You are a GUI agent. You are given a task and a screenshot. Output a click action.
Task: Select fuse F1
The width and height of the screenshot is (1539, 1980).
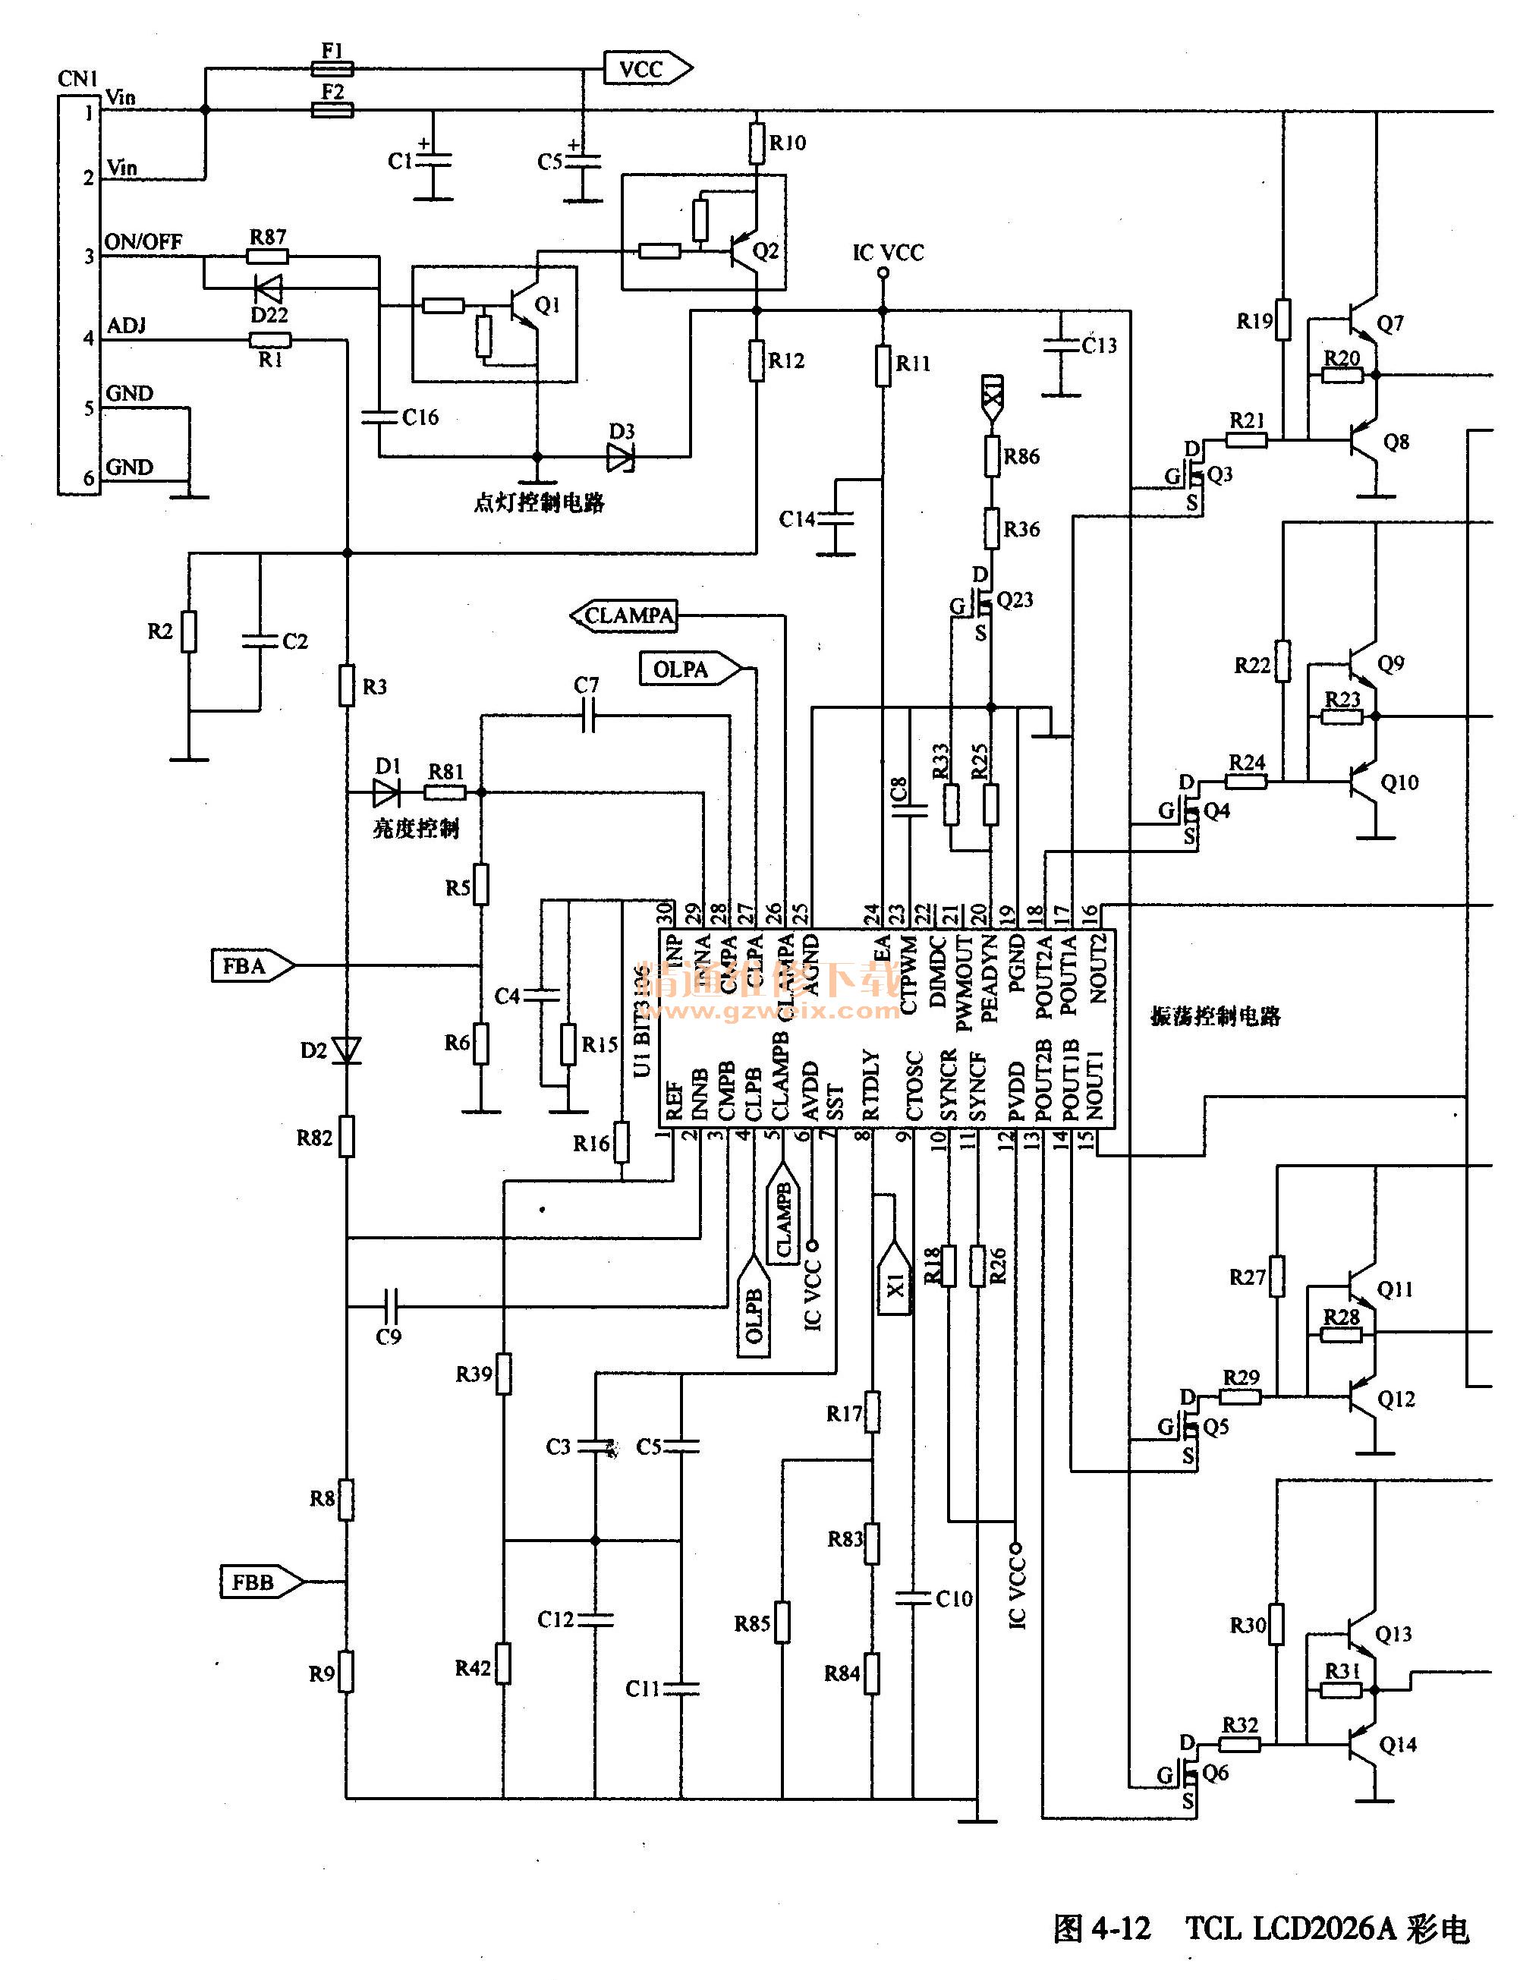tap(332, 68)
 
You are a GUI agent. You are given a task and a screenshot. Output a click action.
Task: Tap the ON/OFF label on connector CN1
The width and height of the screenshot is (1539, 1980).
tap(143, 241)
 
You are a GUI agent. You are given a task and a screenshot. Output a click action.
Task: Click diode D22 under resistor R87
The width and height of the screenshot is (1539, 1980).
tap(269, 288)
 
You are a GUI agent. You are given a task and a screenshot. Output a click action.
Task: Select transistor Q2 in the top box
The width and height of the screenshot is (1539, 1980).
tap(746, 251)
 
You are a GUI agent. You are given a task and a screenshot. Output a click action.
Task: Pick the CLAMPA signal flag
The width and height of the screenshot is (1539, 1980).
tap(625, 616)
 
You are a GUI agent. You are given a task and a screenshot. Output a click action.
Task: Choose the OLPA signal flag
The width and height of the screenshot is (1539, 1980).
tap(687, 669)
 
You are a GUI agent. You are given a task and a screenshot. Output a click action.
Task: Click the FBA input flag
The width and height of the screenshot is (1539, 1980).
tap(251, 965)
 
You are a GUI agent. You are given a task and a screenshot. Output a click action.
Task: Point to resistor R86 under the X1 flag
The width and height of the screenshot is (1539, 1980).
tap(993, 456)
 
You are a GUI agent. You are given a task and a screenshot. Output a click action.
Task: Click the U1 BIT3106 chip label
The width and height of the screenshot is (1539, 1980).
tap(643, 1020)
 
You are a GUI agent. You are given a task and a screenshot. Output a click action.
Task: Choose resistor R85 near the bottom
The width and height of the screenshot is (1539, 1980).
tap(782, 1623)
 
